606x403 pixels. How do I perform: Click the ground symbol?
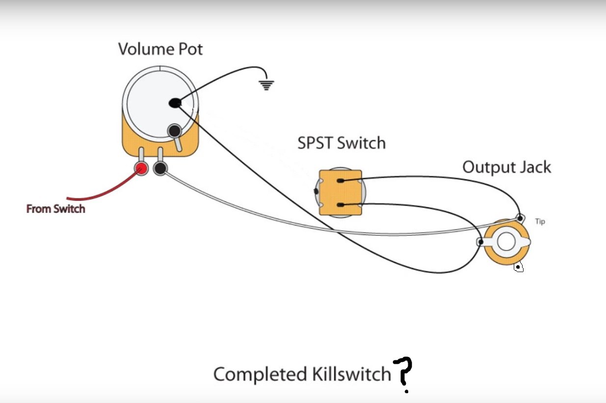pos(266,85)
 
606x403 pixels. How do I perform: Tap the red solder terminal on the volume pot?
pos(141,169)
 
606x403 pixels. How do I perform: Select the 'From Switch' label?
pos(55,209)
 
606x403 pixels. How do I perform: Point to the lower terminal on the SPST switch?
pos(341,204)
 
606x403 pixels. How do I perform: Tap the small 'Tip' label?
pos(540,222)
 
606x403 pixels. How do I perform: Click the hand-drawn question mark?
pos(403,374)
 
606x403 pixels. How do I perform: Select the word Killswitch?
pos(351,375)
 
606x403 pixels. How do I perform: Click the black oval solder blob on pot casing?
pos(175,103)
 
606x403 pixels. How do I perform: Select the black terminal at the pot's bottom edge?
pos(160,169)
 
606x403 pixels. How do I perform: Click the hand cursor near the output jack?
pos(518,267)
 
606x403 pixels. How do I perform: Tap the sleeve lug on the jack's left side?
pos(481,242)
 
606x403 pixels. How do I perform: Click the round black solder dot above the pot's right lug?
pos(174,131)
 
